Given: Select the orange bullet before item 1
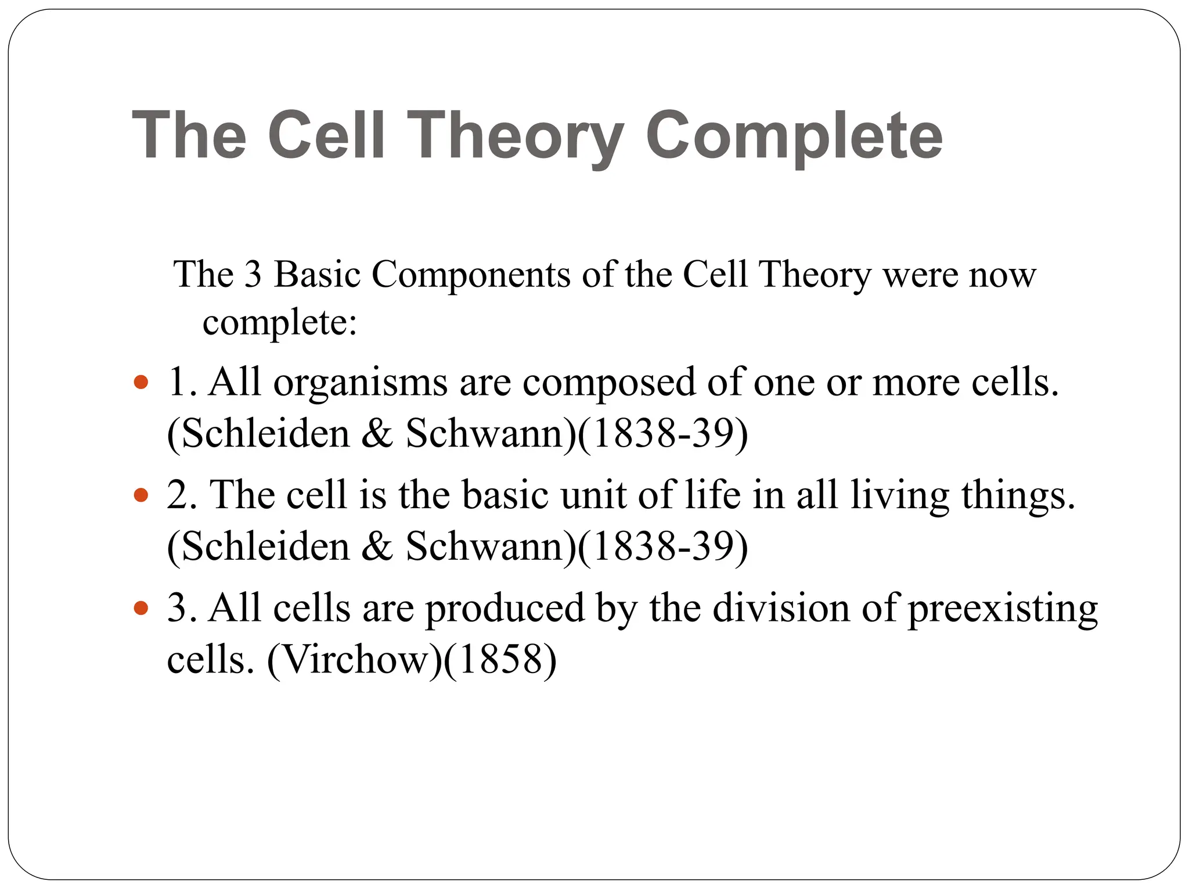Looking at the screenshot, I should coord(140,383).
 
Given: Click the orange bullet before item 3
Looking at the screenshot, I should coord(140,608).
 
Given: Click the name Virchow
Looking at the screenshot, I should coord(354,660).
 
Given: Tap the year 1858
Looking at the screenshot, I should coord(500,660).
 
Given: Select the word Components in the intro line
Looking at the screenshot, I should coord(471,274).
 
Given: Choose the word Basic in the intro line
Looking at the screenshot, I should coord(317,274).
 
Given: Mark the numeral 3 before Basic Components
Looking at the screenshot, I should coord(253,274).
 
